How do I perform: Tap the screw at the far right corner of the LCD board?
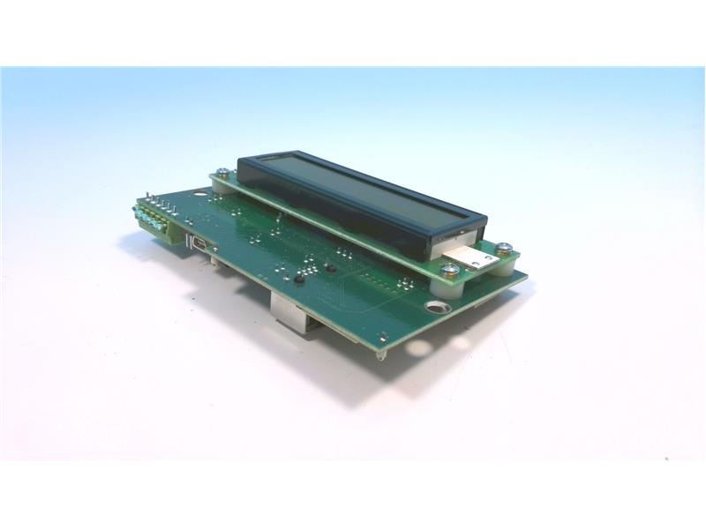(x=504, y=248)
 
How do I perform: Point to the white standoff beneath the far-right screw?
(x=505, y=258)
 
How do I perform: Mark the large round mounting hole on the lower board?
(x=436, y=308)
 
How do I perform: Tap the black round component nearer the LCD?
(x=329, y=267)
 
